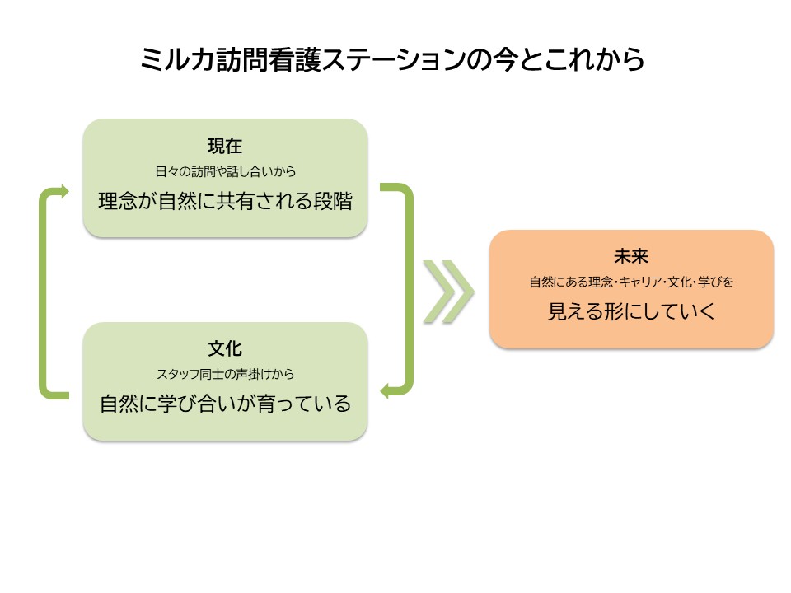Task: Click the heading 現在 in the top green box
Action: (x=225, y=147)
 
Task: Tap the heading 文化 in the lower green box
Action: (x=225, y=348)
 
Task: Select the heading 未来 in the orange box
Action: (x=631, y=257)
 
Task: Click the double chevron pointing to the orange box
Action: (x=448, y=292)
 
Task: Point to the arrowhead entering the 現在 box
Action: (x=64, y=191)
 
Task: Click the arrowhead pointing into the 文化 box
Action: (x=385, y=390)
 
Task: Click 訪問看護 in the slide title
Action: (x=268, y=59)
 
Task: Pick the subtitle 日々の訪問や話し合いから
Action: (x=225, y=171)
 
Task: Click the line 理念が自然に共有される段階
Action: (x=225, y=201)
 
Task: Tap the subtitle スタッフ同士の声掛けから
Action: (x=225, y=374)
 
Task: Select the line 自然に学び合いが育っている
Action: (x=225, y=404)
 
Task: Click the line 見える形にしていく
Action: (x=631, y=311)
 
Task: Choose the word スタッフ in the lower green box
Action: (x=178, y=374)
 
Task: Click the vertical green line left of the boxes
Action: (x=42, y=292)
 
